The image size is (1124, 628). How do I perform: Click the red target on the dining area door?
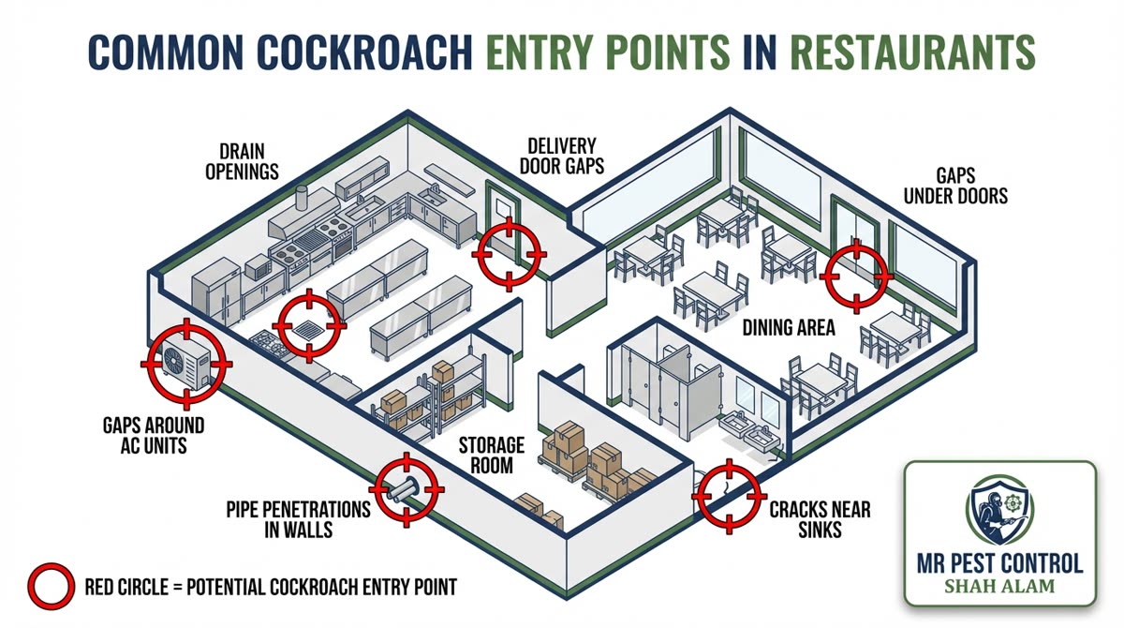(855, 276)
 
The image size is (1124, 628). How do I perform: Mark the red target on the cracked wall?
(727, 496)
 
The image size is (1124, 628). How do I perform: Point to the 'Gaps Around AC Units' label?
(153, 436)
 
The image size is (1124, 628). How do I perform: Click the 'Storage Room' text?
(490, 454)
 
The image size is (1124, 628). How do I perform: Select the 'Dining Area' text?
(789, 328)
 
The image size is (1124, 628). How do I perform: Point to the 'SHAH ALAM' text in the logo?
(999, 588)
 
